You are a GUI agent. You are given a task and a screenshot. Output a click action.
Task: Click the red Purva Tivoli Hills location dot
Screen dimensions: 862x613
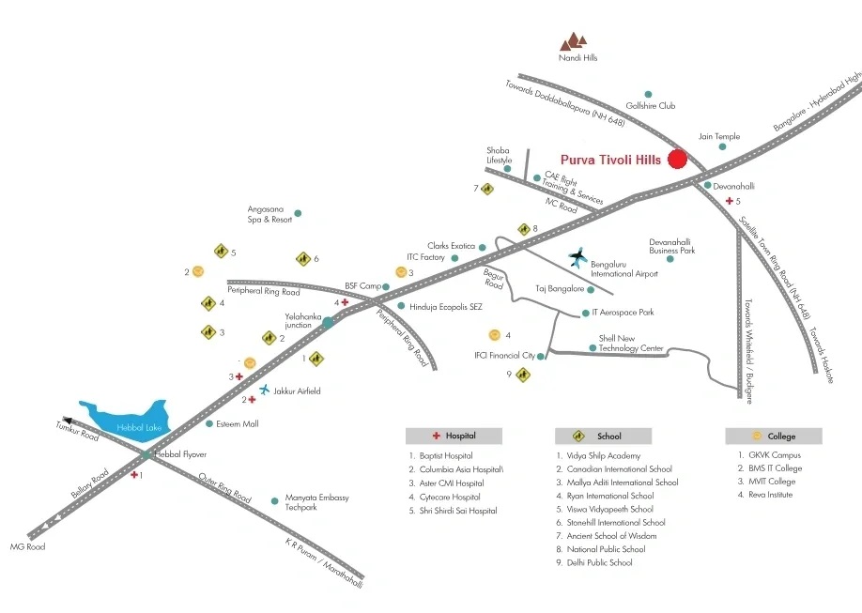tap(677, 159)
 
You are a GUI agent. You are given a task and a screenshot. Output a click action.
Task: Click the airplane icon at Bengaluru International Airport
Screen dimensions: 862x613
tap(577, 257)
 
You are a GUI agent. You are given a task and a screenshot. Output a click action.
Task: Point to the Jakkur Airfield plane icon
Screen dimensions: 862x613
tap(265, 390)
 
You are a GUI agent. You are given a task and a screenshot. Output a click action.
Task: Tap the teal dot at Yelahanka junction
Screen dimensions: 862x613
tap(328, 322)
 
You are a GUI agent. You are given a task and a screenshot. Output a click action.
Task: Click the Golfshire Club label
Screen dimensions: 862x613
tap(651, 105)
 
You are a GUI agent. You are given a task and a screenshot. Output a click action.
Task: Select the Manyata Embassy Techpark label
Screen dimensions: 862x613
tap(317, 502)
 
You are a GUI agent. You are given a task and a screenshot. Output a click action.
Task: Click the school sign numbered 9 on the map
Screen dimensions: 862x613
tap(523, 375)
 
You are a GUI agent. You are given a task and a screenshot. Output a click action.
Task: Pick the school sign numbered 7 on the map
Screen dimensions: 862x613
tap(487, 189)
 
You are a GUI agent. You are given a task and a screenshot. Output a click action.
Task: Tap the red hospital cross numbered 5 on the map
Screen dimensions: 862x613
tap(730, 201)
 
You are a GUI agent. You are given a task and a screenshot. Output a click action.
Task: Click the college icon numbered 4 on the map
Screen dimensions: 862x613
tap(494, 335)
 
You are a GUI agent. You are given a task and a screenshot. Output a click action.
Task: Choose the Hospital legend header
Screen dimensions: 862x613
tap(454, 436)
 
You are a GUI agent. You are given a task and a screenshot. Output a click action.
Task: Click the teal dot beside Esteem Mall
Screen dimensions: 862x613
tap(209, 424)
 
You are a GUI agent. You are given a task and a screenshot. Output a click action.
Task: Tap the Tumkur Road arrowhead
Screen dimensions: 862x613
tap(68, 421)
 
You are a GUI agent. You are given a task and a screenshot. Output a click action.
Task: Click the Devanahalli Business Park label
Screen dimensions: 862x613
tap(671, 246)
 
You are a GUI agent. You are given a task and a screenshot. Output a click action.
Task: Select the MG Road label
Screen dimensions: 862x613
tap(27, 546)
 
